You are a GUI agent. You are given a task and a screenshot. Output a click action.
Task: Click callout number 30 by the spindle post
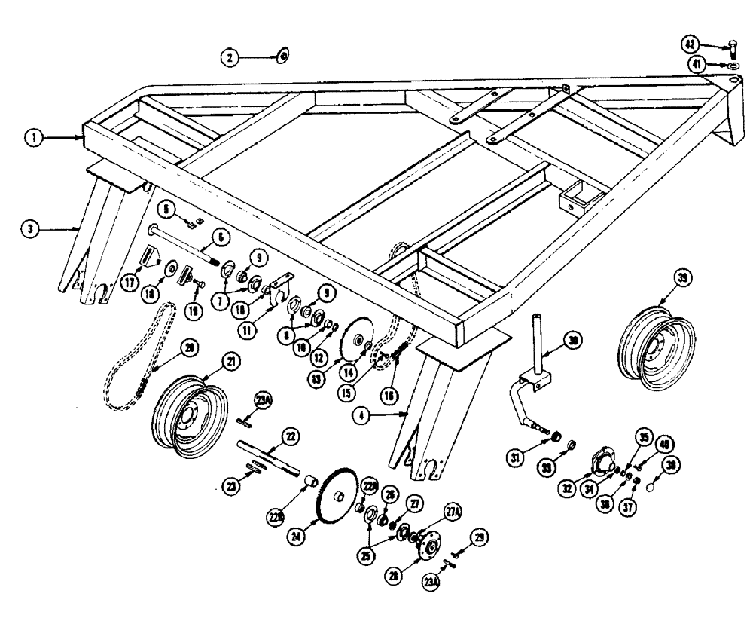click(x=575, y=341)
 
